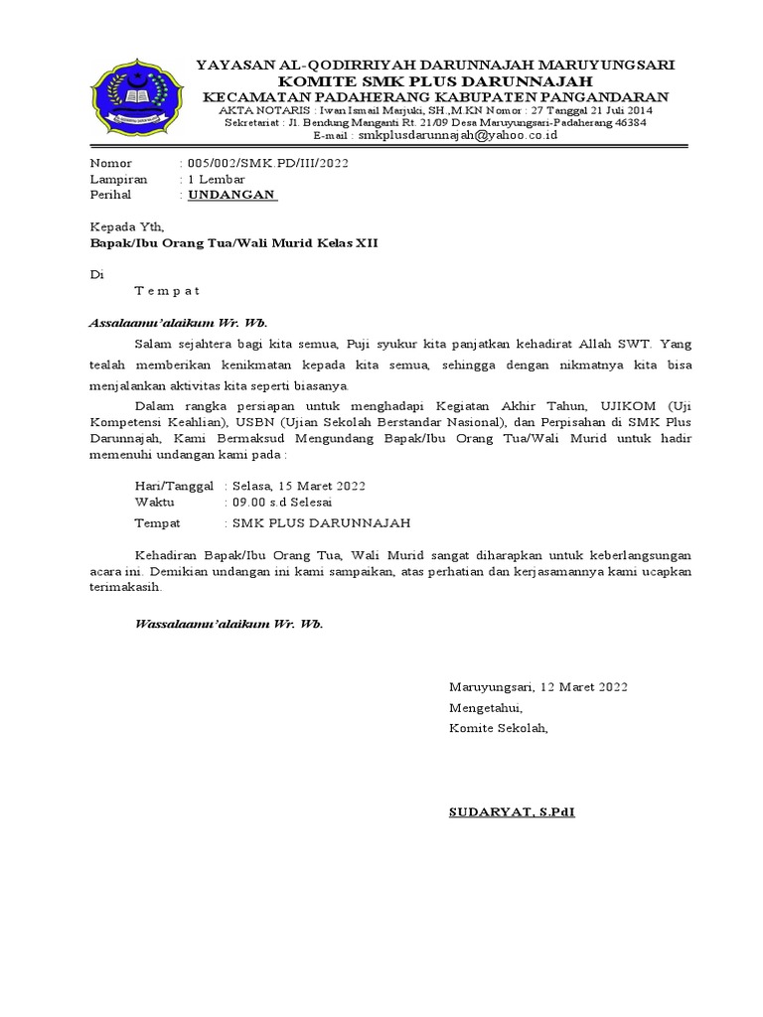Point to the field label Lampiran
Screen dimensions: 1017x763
click(x=118, y=179)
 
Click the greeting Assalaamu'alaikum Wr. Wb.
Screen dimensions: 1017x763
click(x=179, y=323)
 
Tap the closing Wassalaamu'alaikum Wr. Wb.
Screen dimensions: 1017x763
click(x=229, y=624)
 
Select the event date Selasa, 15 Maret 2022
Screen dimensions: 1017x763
click(x=298, y=486)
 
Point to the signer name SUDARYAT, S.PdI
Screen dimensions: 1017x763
click(x=512, y=811)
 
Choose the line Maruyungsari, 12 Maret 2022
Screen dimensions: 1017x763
click(x=537, y=687)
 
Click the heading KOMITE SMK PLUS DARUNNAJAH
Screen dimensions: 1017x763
click(x=435, y=80)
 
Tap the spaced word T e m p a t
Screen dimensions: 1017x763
click(x=167, y=291)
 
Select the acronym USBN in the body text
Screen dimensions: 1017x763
click(x=264, y=422)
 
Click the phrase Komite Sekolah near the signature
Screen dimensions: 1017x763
click(x=498, y=728)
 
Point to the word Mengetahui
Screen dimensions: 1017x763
click(x=485, y=708)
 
